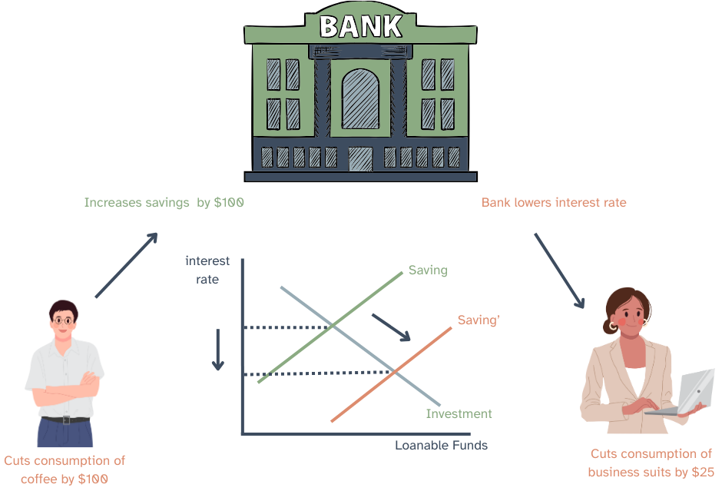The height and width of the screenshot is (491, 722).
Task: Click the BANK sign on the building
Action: click(360, 26)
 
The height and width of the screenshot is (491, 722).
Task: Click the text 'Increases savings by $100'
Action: click(164, 203)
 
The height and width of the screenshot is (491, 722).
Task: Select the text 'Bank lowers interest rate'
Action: click(554, 203)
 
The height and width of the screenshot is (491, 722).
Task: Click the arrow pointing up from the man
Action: click(127, 265)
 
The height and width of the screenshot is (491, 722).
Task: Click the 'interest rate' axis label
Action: click(207, 270)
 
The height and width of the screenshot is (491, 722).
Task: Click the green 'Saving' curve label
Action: click(428, 270)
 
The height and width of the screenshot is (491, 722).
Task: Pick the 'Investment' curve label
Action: click(459, 414)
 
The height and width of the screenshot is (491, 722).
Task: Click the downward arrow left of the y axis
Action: click(218, 350)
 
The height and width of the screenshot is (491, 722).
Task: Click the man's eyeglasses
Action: click(65, 320)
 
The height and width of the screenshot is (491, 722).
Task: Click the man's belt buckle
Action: click(65, 420)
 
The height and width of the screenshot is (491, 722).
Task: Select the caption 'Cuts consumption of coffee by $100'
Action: click(65, 469)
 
